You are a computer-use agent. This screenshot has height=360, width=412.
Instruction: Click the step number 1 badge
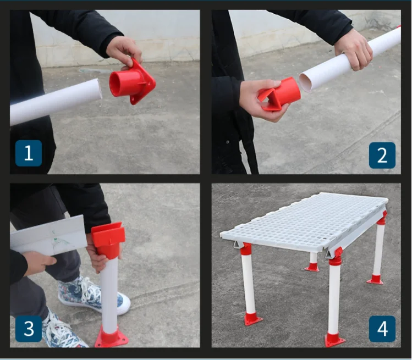29,153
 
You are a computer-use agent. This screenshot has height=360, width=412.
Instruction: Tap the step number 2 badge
382,155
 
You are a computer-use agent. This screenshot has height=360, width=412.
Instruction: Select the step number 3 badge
29,329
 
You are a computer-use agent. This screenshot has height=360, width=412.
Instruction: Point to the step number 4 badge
382,329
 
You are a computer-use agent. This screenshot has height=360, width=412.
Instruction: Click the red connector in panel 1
131,82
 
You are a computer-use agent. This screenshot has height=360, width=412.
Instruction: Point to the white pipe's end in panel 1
98,88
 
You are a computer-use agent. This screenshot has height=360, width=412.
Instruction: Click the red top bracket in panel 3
108,239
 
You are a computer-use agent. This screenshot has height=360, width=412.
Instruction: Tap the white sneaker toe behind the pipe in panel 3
123,304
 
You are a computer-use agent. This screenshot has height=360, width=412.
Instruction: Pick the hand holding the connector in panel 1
124,51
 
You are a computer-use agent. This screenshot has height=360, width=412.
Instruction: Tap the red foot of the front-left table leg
253,319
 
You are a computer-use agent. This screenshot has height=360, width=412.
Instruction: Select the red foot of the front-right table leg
334,340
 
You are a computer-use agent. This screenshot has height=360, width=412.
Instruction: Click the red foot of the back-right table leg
375,279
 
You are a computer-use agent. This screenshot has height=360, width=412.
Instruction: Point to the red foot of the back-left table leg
312,267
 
